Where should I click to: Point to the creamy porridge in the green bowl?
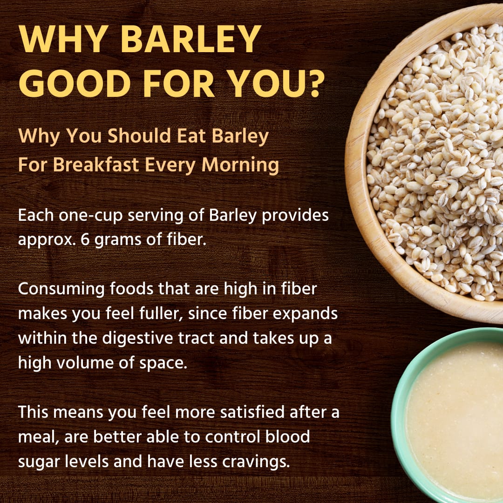point(456,419)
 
